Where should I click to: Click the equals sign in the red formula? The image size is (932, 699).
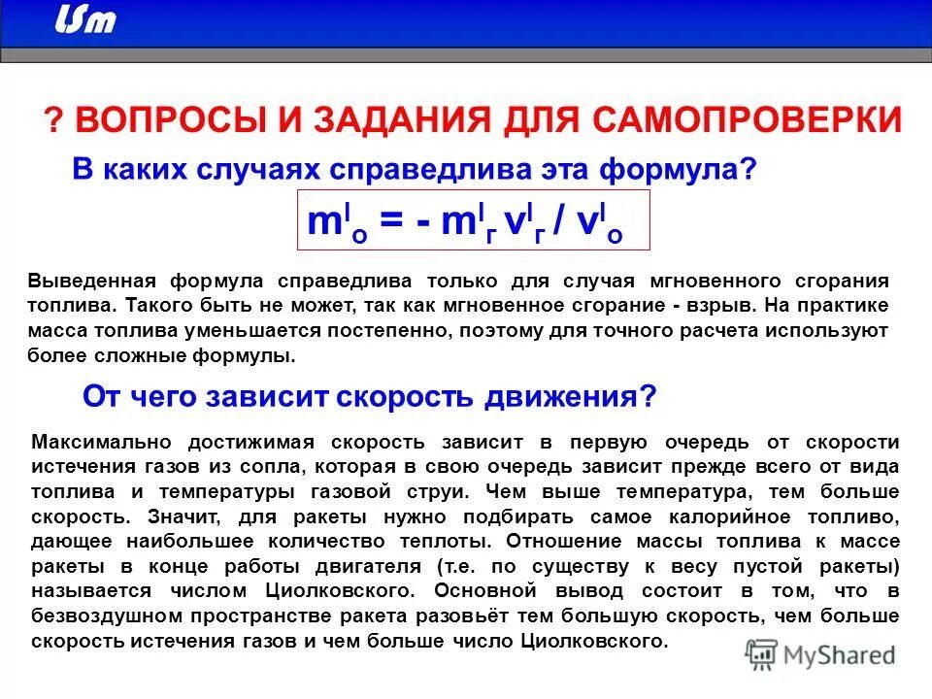pyautogui.click(x=394, y=222)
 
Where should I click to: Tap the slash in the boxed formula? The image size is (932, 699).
pyautogui.click(x=560, y=222)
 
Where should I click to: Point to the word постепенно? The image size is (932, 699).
pyautogui.click(x=388, y=331)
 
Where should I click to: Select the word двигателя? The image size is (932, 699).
pyautogui.click(x=359, y=566)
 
